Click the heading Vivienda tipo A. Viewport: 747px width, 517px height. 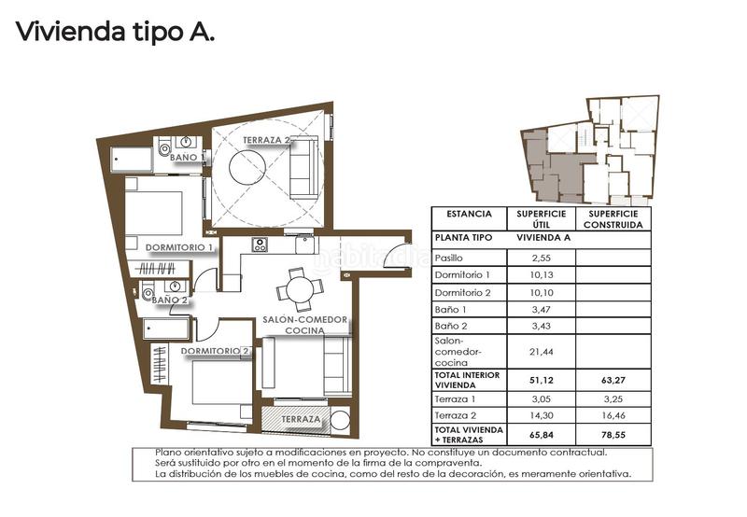(115, 34)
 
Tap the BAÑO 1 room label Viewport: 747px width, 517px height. (184, 158)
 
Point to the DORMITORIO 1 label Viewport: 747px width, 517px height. (180, 247)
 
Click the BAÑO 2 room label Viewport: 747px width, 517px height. (170, 300)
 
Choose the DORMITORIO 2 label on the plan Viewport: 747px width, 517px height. (216, 351)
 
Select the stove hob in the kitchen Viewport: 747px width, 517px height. (260, 245)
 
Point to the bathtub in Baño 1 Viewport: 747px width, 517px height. (133, 160)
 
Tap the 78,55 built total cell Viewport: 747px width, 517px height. (613, 434)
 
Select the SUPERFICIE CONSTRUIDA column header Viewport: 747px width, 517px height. (613, 218)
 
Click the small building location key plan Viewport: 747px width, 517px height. (589, 150)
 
